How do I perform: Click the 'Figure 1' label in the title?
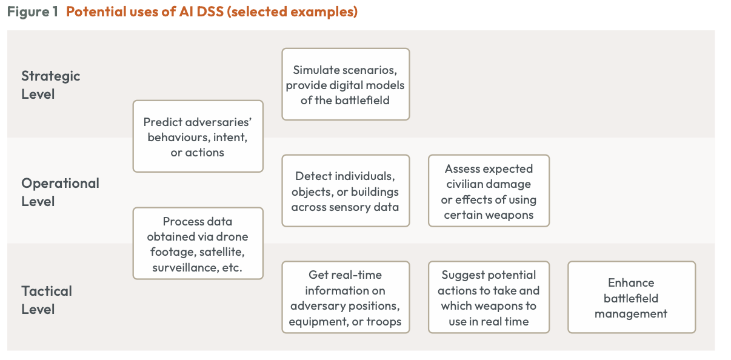(x=33, y=12)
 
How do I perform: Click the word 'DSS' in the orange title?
(x=210, y=12)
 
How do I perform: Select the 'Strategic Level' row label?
(x=50, y=85)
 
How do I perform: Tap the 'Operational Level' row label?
(x=60, y=192)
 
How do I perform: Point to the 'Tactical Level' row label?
(x=46, y=300)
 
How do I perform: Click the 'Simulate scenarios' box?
(x=345, y=84)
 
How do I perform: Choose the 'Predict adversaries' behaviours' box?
(x=198, y=136)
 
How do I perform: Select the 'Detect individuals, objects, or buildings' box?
(x=345, y=191)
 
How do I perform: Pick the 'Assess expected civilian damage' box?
(x=489, y=191)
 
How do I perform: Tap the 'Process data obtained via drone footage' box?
(x=198, y=244)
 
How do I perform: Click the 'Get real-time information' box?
(x=345, y=298)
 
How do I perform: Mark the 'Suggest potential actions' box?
(x=489, y=298)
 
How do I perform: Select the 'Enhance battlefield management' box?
(x=632, y=298)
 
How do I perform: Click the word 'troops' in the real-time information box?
(x=384, y=322)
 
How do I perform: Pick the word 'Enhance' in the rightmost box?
(x=631, y=282)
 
